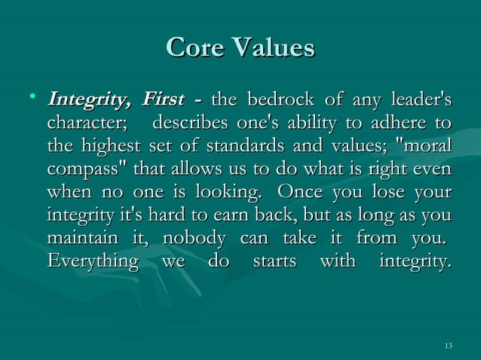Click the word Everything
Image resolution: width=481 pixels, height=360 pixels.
tap(92, 263)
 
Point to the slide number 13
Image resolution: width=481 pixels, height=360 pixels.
tap(449, 346)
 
